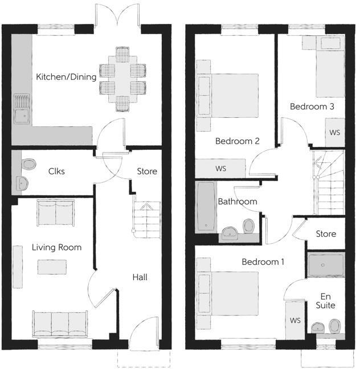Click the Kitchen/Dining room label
[66, 76]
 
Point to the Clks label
[56, 171]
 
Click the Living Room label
[56, 247]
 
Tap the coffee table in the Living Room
[52, 266]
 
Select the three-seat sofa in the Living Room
[60, 323]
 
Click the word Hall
[140, 277]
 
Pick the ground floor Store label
[147, 171]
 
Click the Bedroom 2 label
[238, 141]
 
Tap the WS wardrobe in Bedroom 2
[220, 169]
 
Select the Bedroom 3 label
[312, 106]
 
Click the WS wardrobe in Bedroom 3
[335, 133]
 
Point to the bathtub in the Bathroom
[204, 207]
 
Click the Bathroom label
[238, 201]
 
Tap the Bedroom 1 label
[263, 262]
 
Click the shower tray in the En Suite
[326, 265]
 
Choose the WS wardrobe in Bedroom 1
[295, 320]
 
